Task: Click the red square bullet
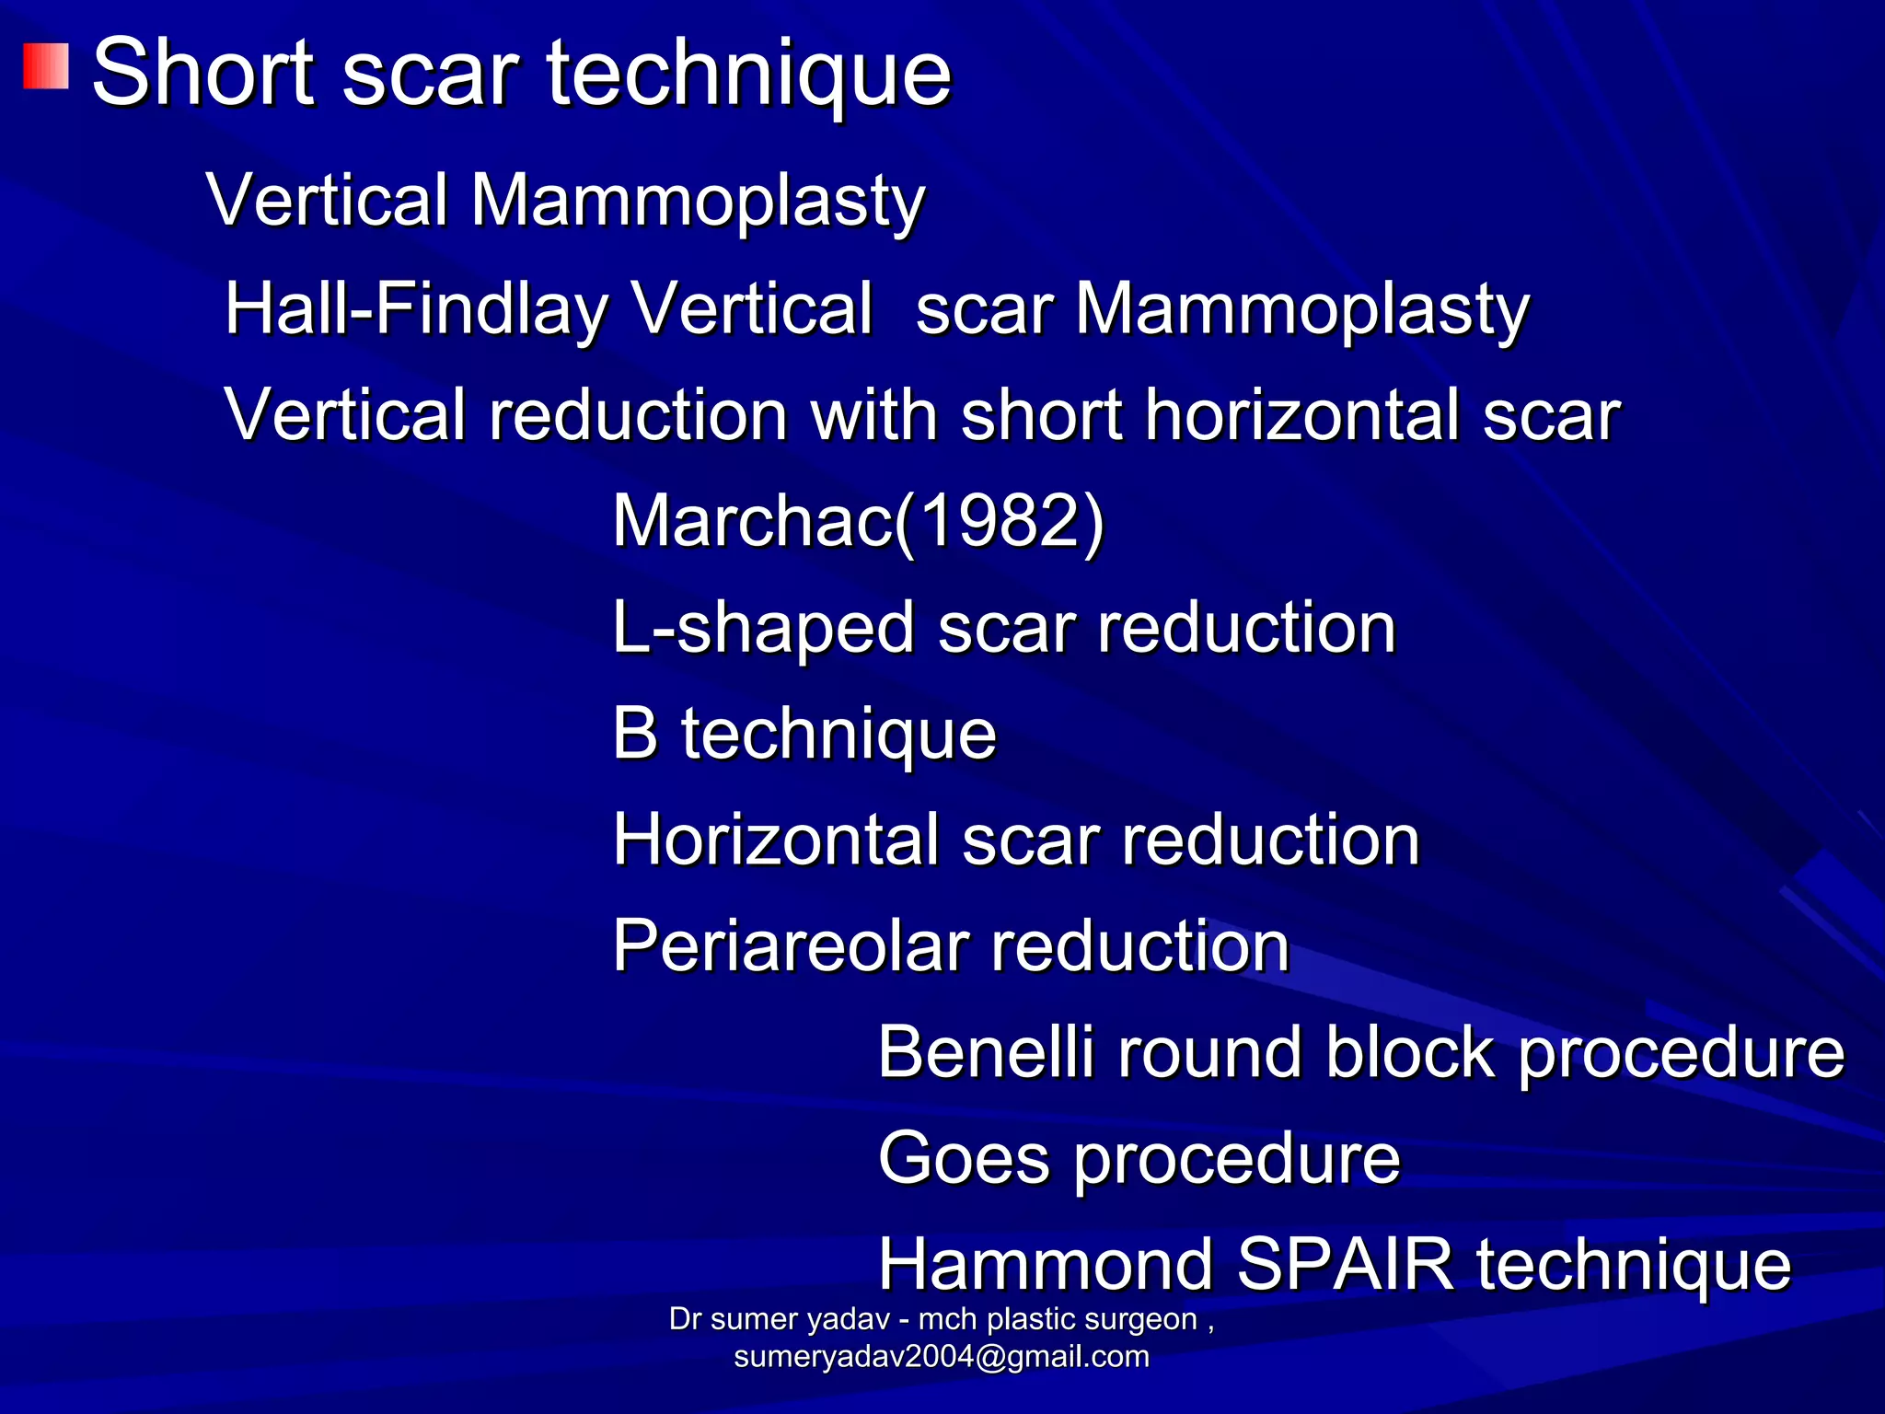point(46,67)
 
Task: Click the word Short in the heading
point(203,73)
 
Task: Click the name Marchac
point(753,520)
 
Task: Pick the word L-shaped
point(763,628)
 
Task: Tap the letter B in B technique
point(635,734)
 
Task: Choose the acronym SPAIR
point(1345,1264)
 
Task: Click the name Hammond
point(1046,1264)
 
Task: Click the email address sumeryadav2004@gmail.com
point(942,1357)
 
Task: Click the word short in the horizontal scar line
point(1041,414)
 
